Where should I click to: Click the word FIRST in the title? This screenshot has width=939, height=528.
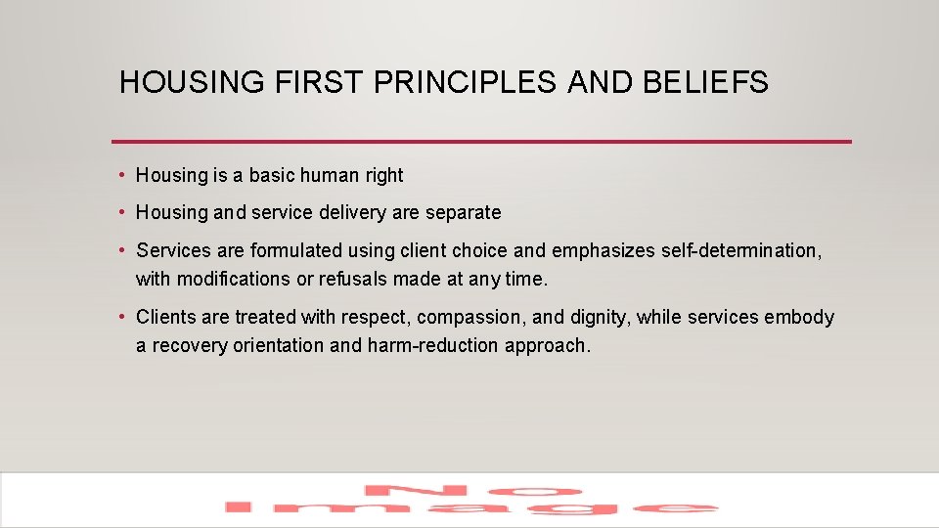317,83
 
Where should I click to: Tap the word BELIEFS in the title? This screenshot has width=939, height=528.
705,83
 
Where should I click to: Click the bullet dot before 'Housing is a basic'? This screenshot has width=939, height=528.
120,176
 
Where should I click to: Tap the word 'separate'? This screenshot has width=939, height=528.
463,213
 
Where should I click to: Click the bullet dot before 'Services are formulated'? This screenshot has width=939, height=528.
120,251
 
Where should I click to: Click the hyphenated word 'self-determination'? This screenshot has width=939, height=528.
740,251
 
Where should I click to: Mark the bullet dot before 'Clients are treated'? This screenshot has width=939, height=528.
120,318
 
